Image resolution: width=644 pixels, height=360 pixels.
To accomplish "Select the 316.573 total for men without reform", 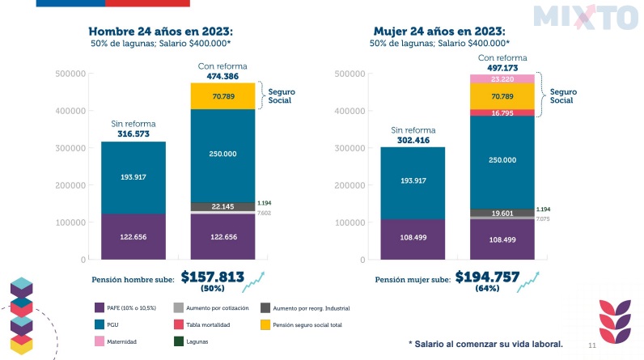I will click(133, 134).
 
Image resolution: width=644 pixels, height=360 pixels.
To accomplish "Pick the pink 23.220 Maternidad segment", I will click(502, 79).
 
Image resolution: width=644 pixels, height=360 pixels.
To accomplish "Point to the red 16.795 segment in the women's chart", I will click(502, 114).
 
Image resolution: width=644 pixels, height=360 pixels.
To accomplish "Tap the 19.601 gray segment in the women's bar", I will click(502, 214).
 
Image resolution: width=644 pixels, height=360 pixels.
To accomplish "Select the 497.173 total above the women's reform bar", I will click(502, 69).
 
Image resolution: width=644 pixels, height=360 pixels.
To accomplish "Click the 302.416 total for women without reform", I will click(413, 140).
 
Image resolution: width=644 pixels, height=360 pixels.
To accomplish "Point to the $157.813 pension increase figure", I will click(212, 277).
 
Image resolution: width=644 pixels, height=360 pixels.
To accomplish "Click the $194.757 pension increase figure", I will click(485, 277).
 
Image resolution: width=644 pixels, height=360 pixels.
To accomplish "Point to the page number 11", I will click(591, 345).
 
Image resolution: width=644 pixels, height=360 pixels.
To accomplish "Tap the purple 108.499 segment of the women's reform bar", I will click(502, 240).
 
